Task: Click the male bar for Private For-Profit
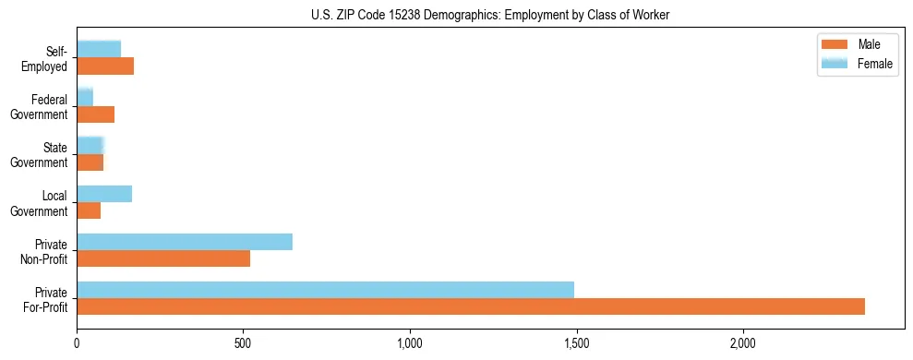pyautogui.click(x=471, y=306)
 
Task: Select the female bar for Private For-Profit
pyautogui.click(x=325, y=290)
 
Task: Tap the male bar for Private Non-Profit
pyautogui.click(x=163, y=258)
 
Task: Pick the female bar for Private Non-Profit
pyautogui.click(x=185, y=242)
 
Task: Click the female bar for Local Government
pyautogui.click(x=104, y=194)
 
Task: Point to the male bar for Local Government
pyautogui.click(x=89, y=210)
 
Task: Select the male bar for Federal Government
pyautogui.click(x=95, y=114)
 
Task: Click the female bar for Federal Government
pyautogui.click(x=85, y=98)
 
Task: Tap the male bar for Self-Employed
pyautogui.click(x=105, y=66)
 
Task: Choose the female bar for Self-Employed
pyautogui.click(x=99, y=50)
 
